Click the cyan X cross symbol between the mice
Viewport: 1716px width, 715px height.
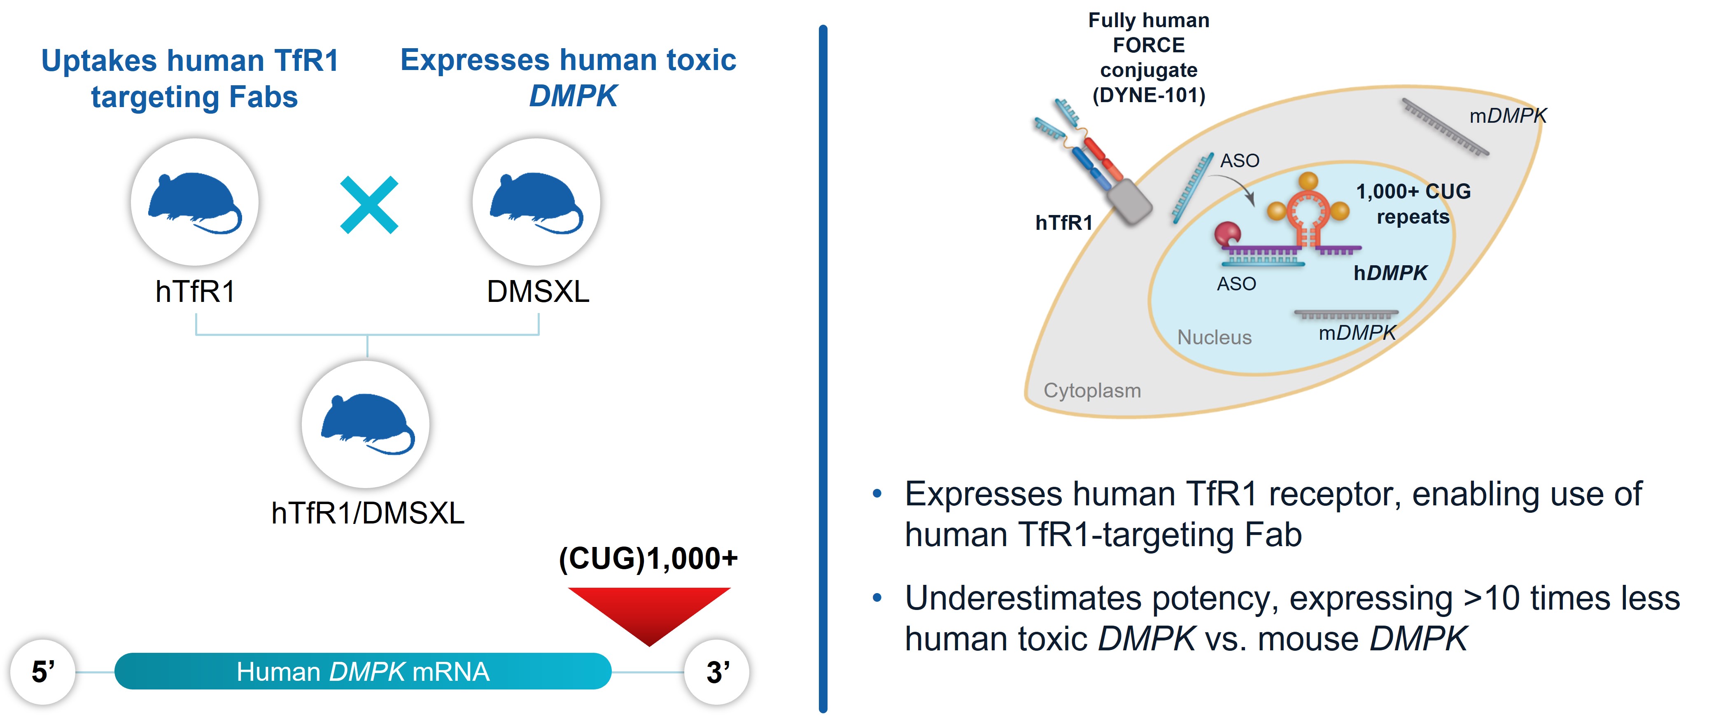coord(369,205)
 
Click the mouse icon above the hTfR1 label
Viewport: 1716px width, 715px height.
coord(194,202)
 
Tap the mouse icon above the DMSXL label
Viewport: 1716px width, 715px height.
coord(536,202)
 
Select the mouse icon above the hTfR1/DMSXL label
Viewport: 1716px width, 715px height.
coord(366,424)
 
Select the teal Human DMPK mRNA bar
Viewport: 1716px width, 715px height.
coord(363,671)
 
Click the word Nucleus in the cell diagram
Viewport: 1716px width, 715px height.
coord(1215,337)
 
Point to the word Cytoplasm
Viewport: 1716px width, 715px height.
coord(1092,390)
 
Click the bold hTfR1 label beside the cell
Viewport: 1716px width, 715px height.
coord(1064,222)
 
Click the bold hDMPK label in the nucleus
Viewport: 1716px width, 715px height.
coord(1390,273)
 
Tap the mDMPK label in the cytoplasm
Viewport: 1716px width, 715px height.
coord(1508,116)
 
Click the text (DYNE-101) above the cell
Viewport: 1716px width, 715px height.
coord(1148,95)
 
